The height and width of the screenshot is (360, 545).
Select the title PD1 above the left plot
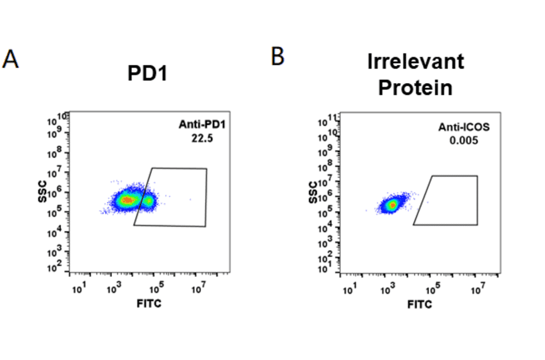[147, 74]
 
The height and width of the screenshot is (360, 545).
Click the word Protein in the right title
[415, 87]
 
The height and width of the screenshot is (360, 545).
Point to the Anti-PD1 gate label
[198, 125]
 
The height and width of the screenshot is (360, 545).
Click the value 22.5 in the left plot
[198, 138]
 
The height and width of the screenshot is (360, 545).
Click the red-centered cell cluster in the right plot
[393, 205]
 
